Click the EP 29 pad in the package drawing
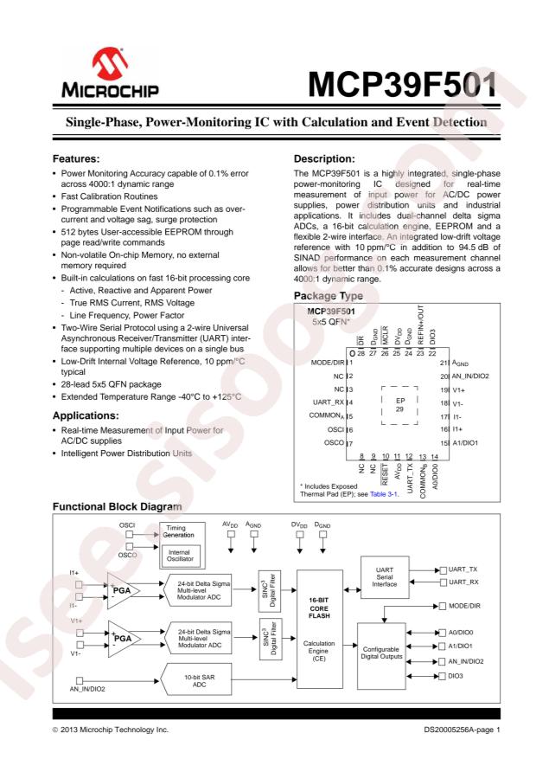(x=399, y=405)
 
